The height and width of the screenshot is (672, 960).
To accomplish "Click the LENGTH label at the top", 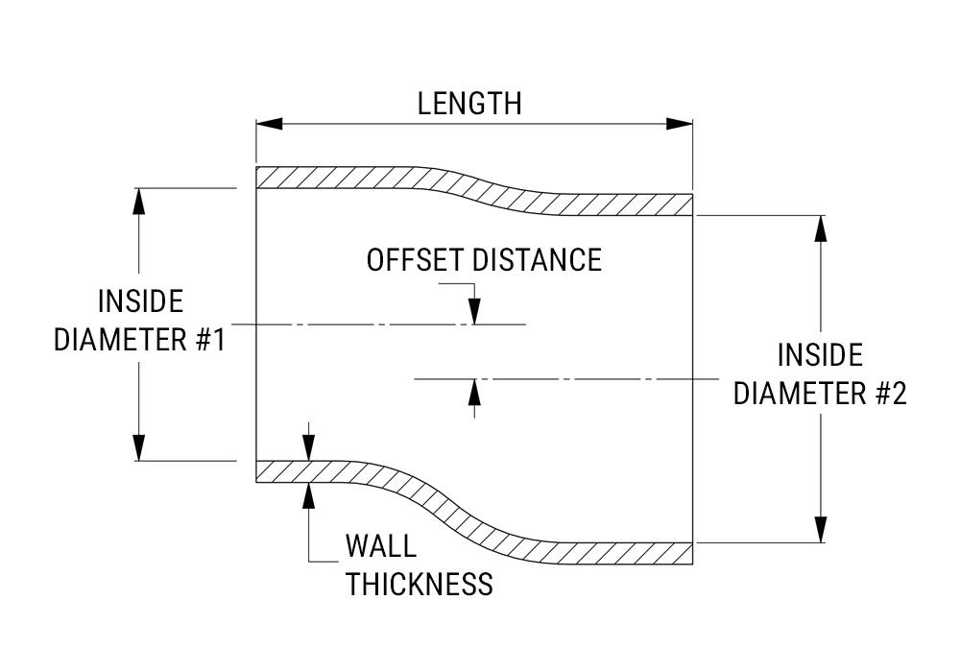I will (469, 104).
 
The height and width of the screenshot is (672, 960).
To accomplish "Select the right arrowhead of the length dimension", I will (680, 124).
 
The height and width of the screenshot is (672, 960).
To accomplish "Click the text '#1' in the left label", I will (207, 340).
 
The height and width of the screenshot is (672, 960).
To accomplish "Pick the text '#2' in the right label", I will (888, 394).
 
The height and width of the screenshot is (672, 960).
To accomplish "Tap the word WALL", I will (381, 547).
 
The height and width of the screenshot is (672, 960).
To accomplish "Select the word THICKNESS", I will (420, 584).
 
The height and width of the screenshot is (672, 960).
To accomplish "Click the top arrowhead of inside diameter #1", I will (139, 201).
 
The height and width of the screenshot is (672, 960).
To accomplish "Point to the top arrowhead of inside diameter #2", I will (820, 228).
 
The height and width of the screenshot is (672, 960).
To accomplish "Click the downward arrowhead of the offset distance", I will (473, 312).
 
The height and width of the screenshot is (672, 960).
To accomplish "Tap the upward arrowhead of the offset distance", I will (473, 392).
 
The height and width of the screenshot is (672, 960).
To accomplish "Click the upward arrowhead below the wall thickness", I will (308, 493).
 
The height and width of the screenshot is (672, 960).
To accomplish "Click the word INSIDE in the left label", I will (140, 301).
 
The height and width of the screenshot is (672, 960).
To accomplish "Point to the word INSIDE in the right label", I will (820, 355).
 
